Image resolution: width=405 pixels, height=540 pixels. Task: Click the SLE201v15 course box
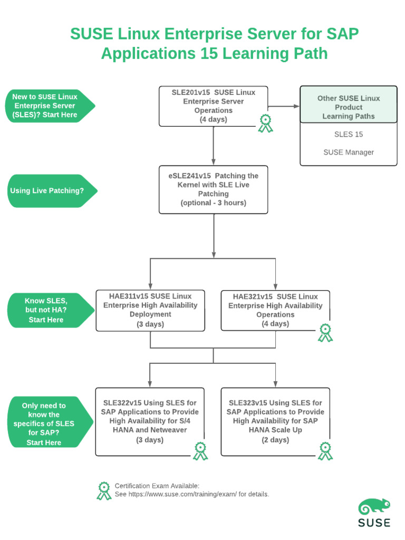coord(213,106)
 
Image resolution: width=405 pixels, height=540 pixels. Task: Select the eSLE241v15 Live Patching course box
coord(213,189)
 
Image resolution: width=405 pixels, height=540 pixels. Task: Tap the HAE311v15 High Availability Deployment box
coord(150,310)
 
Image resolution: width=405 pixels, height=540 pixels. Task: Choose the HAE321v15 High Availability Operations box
coord(275,310)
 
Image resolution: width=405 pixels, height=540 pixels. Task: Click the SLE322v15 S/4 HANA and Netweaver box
coord(150,421)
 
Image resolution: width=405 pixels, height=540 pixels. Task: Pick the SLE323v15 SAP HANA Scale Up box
coord(275,421)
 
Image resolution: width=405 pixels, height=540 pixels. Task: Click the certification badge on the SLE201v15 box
coord(265,123)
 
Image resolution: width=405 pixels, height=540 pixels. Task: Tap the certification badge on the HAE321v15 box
coord(325,332)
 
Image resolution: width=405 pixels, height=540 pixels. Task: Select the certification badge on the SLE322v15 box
coord(200,451)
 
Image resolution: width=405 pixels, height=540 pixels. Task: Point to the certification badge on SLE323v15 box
coord(325,451)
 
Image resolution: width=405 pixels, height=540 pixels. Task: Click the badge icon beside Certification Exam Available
coord(104,490)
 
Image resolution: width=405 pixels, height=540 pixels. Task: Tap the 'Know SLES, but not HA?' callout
coord(50,310)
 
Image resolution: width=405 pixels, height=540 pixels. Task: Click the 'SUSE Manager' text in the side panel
coord(349,152)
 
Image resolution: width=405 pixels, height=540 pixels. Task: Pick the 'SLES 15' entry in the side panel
coord(349,134)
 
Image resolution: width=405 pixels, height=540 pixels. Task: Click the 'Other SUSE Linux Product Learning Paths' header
coord(349,107)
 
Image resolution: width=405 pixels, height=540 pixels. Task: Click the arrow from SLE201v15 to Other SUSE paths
coord(284,106)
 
